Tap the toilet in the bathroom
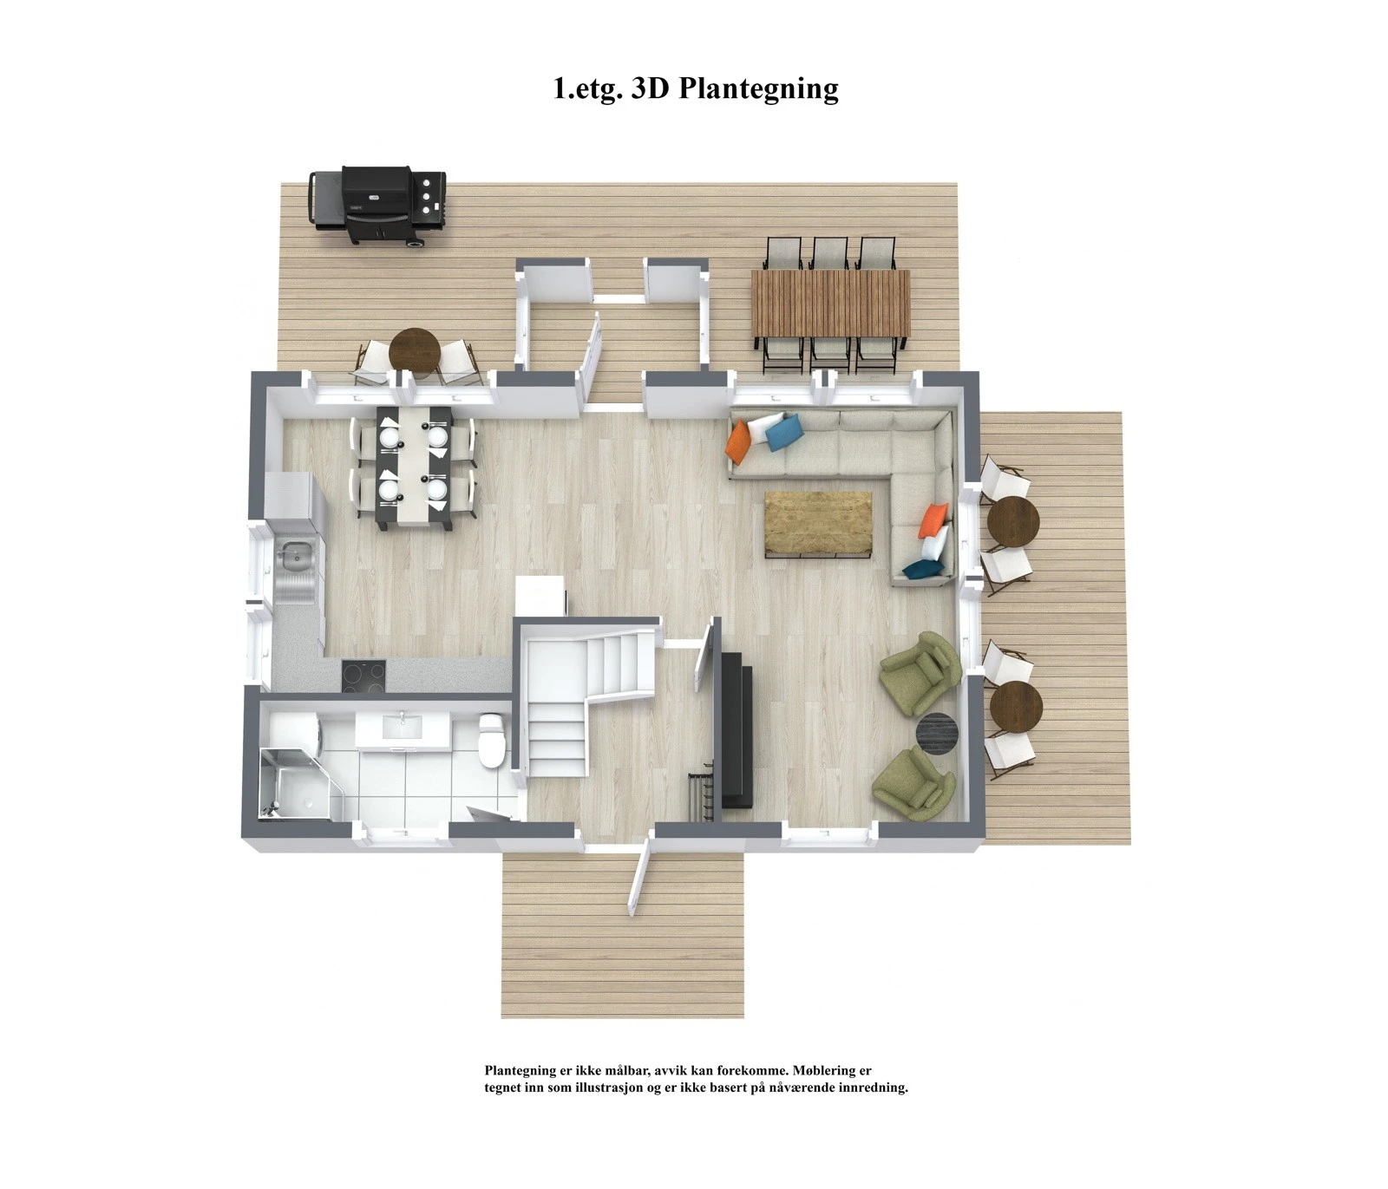pos(491,740)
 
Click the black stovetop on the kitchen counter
pos(363,675)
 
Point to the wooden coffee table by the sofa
pos(817,523)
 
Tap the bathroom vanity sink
pos(403,727)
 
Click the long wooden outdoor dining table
pos(830,303)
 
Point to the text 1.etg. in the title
pos(587,88)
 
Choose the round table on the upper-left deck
pos(415,350)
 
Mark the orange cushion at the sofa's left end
pos(737,441)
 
